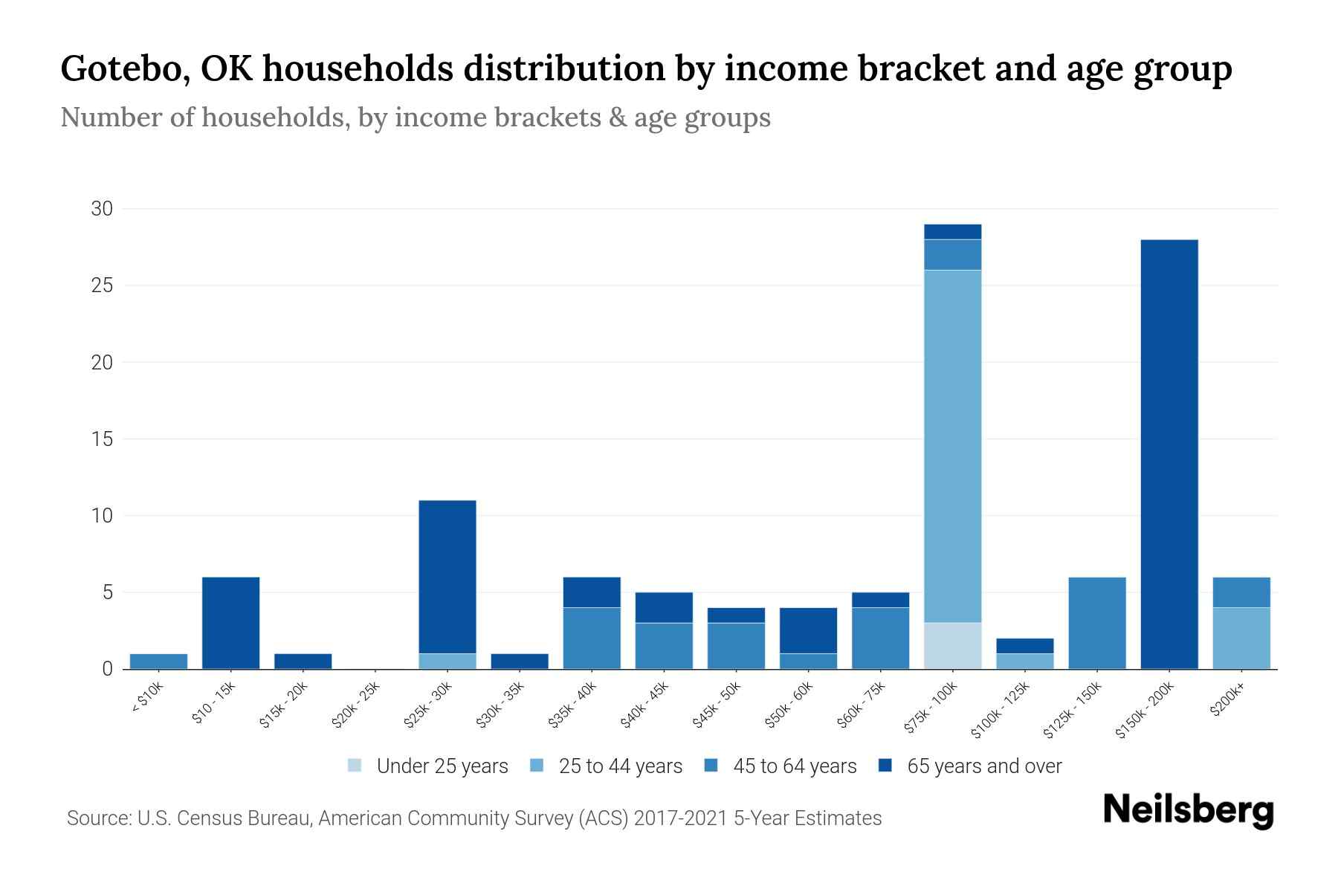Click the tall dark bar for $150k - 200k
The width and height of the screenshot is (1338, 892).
[1169, 453]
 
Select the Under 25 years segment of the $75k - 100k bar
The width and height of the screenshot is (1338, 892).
[952, 645]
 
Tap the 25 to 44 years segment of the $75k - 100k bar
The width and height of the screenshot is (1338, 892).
[952, 446]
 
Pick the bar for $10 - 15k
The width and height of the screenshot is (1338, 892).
[230, 623]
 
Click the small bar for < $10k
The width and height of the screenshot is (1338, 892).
[158, 661]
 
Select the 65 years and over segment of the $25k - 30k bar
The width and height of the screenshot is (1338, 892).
[447, 576]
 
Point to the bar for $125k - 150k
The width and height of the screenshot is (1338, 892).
[1096, 623]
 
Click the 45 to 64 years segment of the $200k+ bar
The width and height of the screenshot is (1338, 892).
[1241, 592]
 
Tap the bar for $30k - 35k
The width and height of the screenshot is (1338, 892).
[520, 661]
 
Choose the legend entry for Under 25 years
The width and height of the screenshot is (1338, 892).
[428, 766]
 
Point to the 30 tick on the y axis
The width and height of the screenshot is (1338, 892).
[102, 209]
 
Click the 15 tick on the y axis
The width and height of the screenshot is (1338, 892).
[102, 439]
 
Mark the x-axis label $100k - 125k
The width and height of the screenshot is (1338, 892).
[1001, 711]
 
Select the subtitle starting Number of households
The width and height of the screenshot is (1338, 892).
[415, 117]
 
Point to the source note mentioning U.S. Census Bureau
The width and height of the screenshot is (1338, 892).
[474, 818]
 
